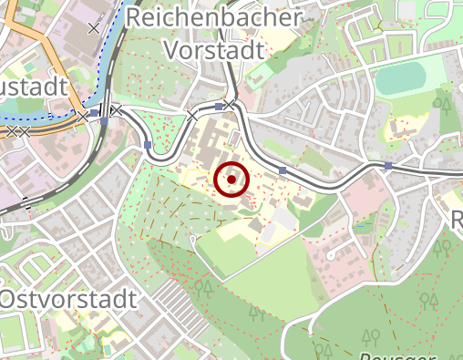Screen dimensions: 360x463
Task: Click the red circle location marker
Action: (x=231, y=180)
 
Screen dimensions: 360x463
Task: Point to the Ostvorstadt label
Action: (x=68, y=299)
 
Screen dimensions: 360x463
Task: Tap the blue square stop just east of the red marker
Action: (x=283, y=170)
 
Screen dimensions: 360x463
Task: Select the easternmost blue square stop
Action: (x=388, y=166)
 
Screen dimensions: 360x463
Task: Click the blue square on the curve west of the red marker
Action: (x=148, y=145)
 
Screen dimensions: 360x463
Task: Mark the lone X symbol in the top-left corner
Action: (x=93, y=28)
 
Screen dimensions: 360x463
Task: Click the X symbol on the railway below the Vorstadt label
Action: (x=191, y=115)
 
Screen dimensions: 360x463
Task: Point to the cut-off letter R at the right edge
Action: (x=457, y=219)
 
